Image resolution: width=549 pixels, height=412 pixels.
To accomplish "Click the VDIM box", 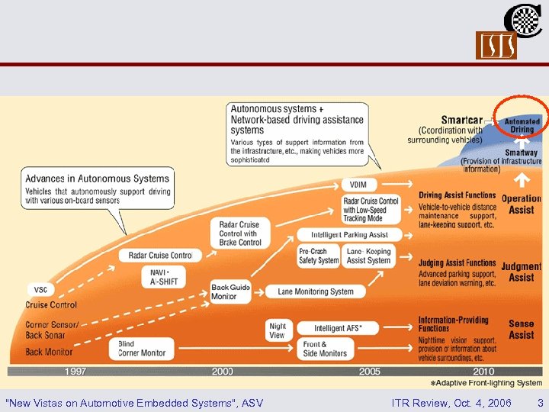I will [x=358, y=185].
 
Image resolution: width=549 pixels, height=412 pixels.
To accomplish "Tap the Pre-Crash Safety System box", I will [x=319, y=256].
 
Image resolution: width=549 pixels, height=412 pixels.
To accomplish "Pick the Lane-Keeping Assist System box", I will [x=368, y=256].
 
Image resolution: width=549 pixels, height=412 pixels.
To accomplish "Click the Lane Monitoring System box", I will [x=315, y=291].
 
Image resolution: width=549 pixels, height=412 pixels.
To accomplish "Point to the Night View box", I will [x=278, y=330].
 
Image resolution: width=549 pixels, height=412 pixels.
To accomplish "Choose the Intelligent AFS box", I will [x=338, y=328].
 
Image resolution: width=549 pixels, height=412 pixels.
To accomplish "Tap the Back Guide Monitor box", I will [x=230, y=292].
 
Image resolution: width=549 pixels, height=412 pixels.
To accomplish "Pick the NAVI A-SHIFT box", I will [x=162, y=277].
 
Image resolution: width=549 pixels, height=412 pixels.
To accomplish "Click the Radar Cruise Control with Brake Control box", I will [x=239, y=233].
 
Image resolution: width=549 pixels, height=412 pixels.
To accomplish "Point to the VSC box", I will [x=40, y=290].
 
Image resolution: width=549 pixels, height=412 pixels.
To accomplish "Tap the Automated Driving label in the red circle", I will [x=522, y=126].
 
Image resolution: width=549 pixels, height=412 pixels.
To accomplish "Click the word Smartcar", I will [x=461, y=120].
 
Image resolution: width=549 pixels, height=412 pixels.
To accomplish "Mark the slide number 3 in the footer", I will [x=540, y=402].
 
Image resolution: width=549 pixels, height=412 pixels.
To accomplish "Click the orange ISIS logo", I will [x=496, y=45].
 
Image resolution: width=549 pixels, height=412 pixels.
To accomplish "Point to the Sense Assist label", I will [x=521, y=329].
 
